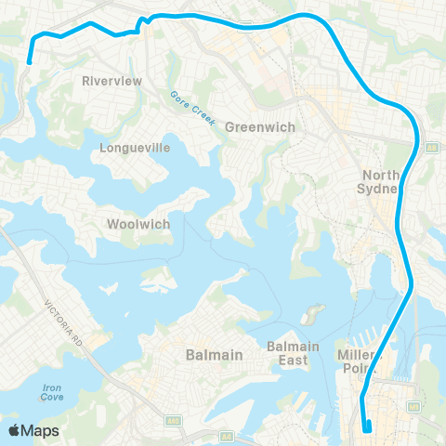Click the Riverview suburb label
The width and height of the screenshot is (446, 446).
tap(111, 81)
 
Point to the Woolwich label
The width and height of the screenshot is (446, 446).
tap(136, 224)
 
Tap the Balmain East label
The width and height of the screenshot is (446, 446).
tap(294, 353)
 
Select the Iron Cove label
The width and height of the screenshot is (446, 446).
tap(52, 391)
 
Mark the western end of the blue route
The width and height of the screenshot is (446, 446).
tap(30, 61)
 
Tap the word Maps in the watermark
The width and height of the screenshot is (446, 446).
tap(42, 430)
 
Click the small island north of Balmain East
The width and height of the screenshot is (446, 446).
tap(315, 312)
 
